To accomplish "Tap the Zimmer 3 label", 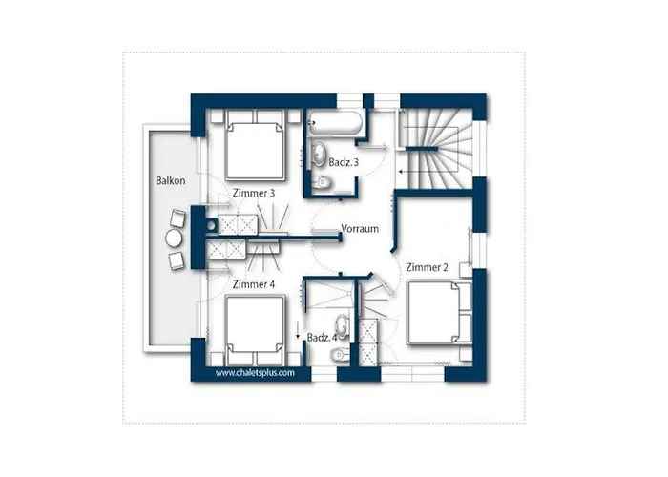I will point(254,194).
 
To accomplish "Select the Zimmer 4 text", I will point(254,284).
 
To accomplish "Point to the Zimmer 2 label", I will point(427,267).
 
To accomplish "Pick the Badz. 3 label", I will point(344,163).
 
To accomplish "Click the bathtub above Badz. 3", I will point(334,123).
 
